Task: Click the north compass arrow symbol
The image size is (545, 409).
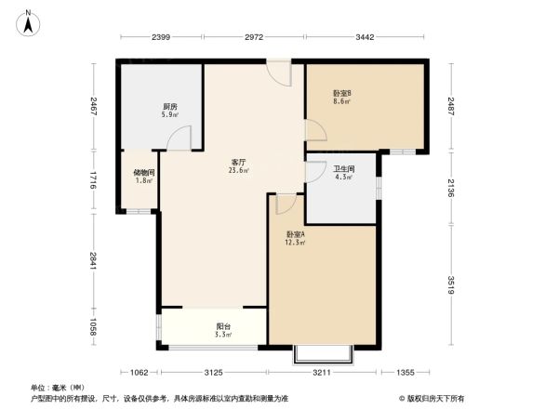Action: point(29,20)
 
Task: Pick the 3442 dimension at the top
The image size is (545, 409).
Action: point(364,37)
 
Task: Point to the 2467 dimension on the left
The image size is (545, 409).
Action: point(94,106)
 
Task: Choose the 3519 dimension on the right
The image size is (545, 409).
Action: point(451,284)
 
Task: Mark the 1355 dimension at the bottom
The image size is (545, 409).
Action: point(403,373)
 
